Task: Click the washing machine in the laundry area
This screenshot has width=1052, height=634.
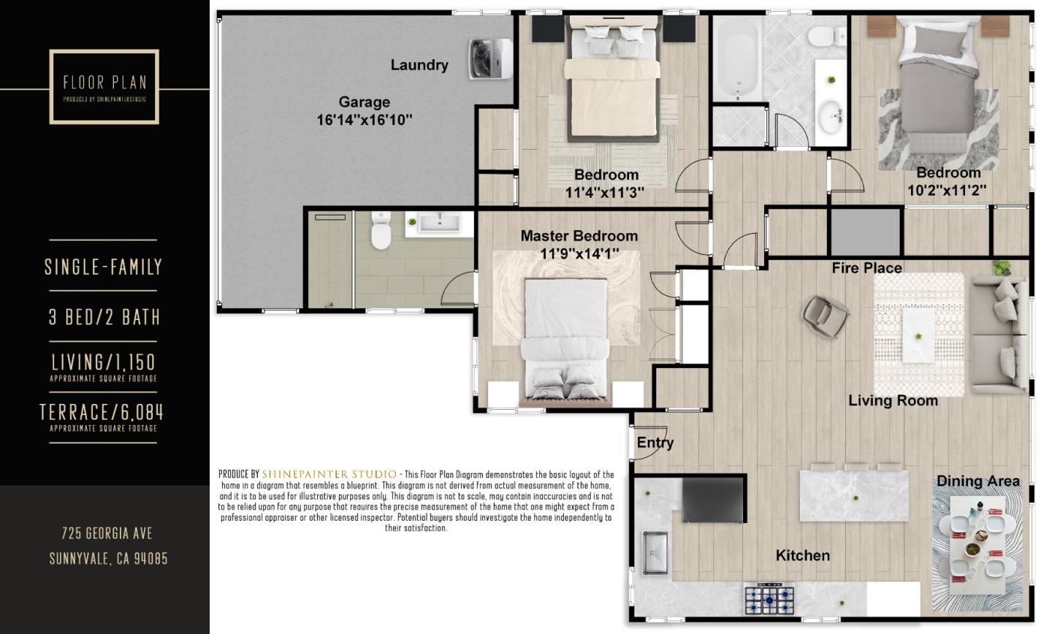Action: (x=491, y=58)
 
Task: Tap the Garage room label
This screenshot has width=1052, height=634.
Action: (x=365, y=102)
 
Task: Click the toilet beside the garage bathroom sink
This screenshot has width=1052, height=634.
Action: (x=381, y=229)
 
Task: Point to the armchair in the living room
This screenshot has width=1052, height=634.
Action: (x=826, y=315)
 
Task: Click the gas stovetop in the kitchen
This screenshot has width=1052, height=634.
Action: (x=769, y=599)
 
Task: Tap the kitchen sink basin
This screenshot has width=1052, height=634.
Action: (x=655, y=552)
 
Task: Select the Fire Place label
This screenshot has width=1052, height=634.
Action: (x=867, y=268)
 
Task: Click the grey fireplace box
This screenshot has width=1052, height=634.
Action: (x=866, y=232)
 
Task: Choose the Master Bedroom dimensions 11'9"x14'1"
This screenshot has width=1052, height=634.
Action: (x=579, y=253)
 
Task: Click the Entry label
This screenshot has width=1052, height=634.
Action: (x=655, y=443)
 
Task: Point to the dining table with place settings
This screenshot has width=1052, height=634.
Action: (x=977, y=545)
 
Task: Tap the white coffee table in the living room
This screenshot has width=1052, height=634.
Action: (x=918, y=335)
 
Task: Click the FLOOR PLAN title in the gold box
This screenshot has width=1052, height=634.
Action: (x=104, y=83)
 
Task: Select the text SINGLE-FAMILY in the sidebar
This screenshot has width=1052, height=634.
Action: (x=103, y=267)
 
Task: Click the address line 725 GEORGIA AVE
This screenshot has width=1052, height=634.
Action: (x=107, y=533)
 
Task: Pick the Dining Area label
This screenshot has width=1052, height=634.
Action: (x=978, y=481)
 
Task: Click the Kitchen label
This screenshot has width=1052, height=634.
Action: (x=803, y=556)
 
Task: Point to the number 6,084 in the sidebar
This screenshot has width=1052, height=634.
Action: (x=142, y=413)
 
